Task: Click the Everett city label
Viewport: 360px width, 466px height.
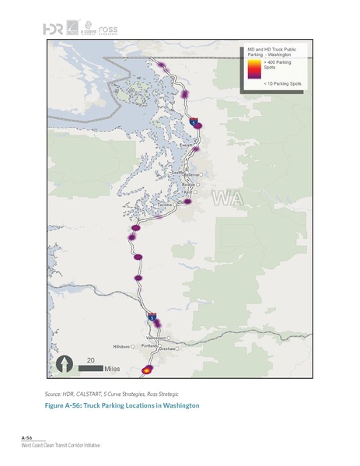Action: [186, 145]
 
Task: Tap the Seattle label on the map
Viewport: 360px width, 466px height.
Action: [179, 173]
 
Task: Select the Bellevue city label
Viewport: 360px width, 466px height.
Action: [191, 176]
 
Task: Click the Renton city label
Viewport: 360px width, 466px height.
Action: [189, 185]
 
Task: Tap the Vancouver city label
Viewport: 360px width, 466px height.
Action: [156, 338]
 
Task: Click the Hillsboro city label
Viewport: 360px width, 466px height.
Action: [122, 345]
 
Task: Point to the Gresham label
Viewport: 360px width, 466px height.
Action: [166, 349]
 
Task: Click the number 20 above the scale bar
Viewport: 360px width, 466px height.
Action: [91, 359]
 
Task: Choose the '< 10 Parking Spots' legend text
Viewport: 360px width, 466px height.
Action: [283, 82]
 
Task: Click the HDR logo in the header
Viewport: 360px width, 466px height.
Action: [53, 29]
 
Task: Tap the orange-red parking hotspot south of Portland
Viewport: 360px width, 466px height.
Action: [148, 371]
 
